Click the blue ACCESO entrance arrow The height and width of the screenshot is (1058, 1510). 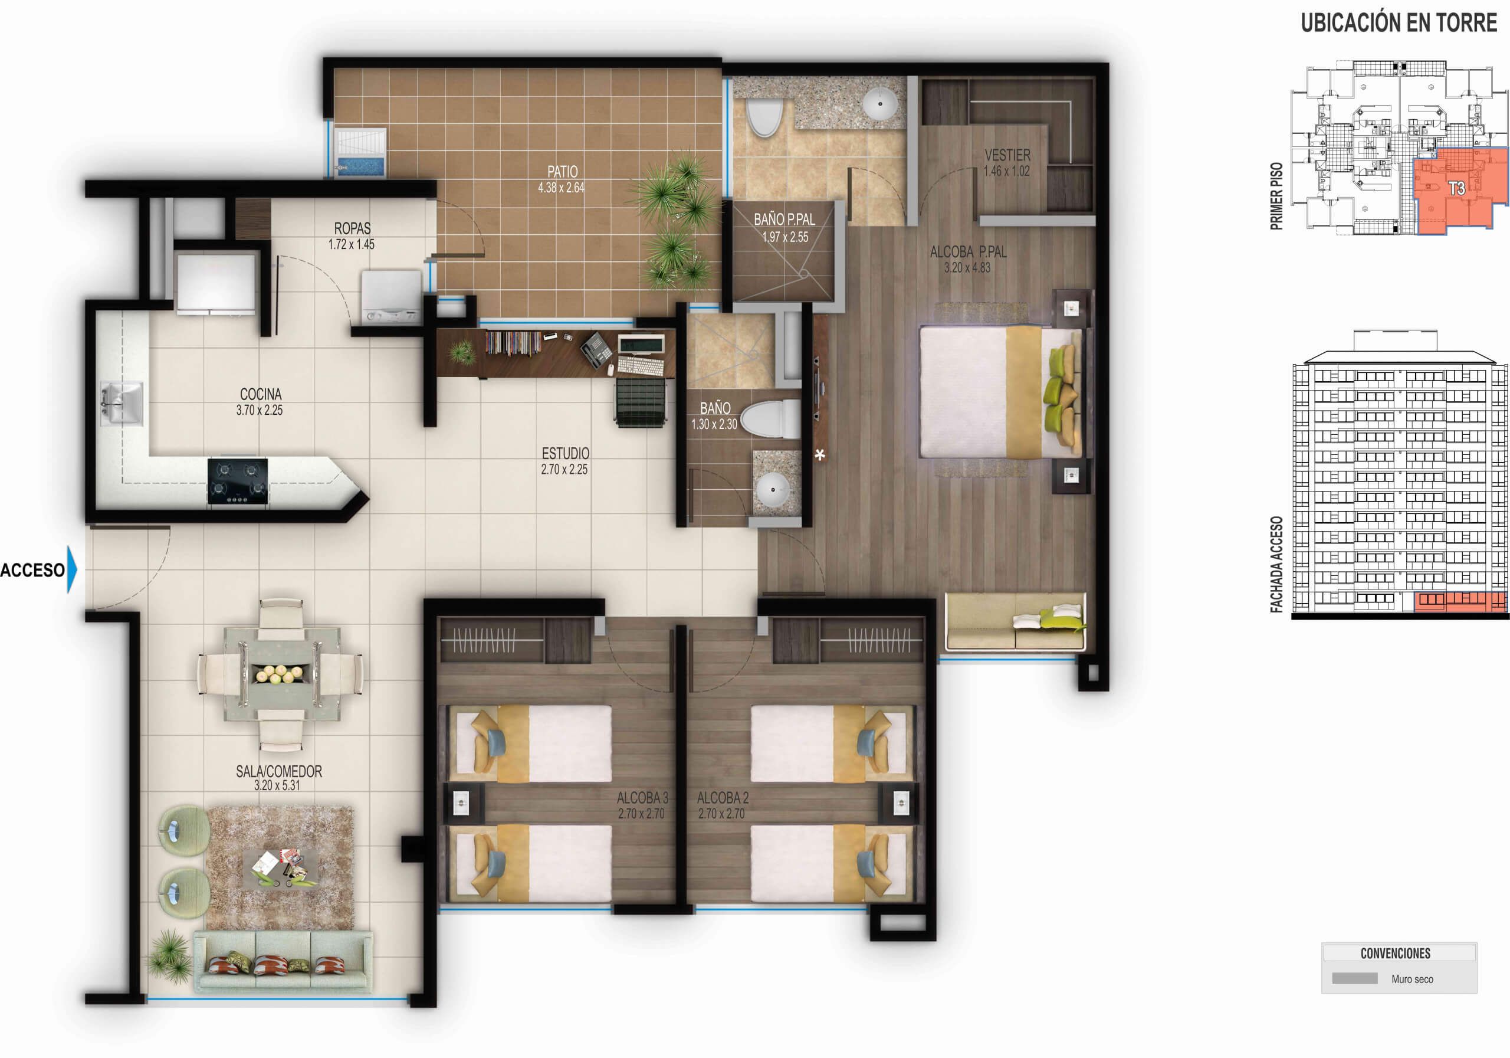tap(72, 569)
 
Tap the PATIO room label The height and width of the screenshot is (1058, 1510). tap(562, 172)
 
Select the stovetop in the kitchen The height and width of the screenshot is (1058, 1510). tap(238, 481)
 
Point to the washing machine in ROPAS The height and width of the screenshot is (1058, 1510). tap(390, 298)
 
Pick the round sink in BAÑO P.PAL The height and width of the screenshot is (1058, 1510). tap(879, 103)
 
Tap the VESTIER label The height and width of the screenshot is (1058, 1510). tap(1007, 155)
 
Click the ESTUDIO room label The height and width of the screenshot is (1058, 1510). tap(565, 453)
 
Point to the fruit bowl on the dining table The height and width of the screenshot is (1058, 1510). tap(280, 673)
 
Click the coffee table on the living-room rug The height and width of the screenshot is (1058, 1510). tap(280, 868)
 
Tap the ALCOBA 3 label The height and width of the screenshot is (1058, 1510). tap(642, 797)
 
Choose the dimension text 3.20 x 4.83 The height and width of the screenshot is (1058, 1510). tap(967, 268)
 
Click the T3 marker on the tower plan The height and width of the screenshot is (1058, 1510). tap(1456, 188)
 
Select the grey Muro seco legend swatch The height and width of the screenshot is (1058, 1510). tap(1354, 978)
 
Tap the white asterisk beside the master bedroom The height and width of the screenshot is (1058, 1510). tap(819, 454)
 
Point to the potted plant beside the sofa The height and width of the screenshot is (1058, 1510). tap(170, 955)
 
